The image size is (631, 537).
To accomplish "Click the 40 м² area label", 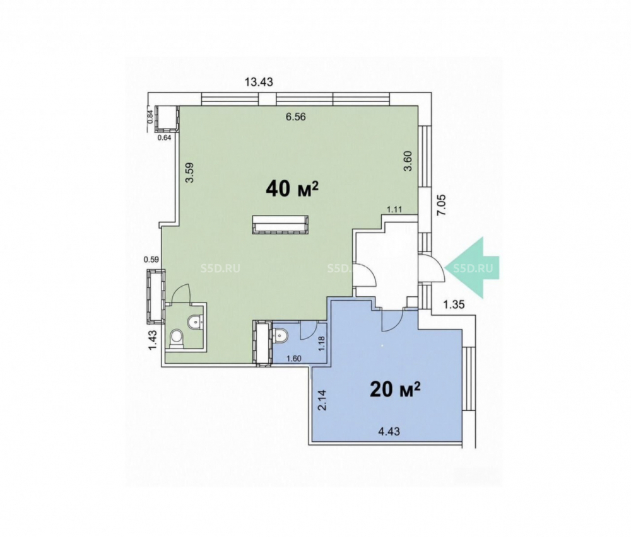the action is [x=292, y=188].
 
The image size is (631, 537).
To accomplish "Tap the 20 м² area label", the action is [x=395, y=389].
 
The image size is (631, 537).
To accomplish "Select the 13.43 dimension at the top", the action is [x=259, y=82].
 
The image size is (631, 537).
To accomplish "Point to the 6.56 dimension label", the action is [x=295, y=117].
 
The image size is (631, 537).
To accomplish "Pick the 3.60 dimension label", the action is [x=408, y=161].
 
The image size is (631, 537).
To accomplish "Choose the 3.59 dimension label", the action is [x=189, y=172].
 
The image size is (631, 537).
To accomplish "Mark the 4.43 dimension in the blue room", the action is [x=389, y=432].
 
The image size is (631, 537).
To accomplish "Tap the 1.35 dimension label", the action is [x=454, y=304].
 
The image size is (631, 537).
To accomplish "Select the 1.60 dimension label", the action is [x=293, y=359].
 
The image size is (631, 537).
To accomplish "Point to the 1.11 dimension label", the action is [x=394, y=209].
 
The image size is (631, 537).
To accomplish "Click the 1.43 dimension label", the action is [x=153, y=340].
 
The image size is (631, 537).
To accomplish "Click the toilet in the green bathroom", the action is [x=177, y=338].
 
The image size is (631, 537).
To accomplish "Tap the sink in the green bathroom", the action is [x=196, y=321].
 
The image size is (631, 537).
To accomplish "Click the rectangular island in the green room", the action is [x=281, y=224].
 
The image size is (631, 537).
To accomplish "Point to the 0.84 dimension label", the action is [x=150, y=117].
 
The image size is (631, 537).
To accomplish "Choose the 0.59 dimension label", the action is [x=151, y=260].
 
